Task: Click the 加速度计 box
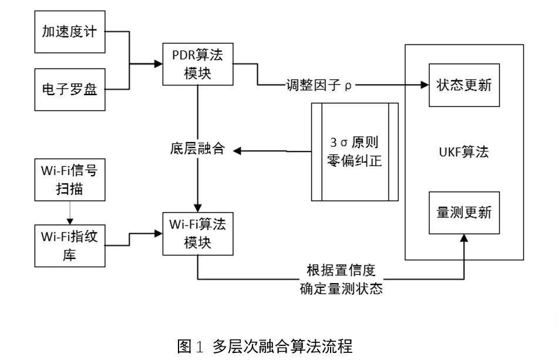coord(70,32)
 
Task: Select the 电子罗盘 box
coord(70,89)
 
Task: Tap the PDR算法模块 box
coord(198,66)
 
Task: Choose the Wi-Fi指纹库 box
coord(70,245)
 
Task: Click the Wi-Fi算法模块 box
coord(198,234)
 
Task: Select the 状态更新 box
coord(464,85)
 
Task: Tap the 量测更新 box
coord(464,213)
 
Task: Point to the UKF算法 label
coord(463,152)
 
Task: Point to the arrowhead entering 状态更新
coord(424,85)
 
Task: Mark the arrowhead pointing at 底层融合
coord(238,151)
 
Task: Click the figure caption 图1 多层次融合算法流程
coord(265,345)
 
